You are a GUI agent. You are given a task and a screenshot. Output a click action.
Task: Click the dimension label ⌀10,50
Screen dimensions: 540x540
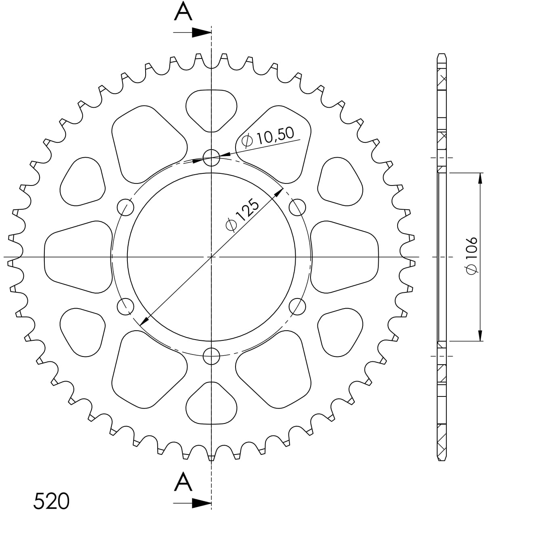[268, 138]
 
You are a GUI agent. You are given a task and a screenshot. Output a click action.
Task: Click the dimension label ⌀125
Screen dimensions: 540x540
[242, 215]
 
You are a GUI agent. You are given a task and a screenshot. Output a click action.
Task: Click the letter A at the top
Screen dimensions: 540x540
[183, 11]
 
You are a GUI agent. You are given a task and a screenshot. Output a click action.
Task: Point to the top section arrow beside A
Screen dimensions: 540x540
[192, 33]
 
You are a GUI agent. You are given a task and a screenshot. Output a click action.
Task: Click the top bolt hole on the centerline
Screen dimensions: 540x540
[211, 158]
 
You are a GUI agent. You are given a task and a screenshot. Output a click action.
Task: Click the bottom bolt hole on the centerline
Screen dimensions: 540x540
[211, 356]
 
